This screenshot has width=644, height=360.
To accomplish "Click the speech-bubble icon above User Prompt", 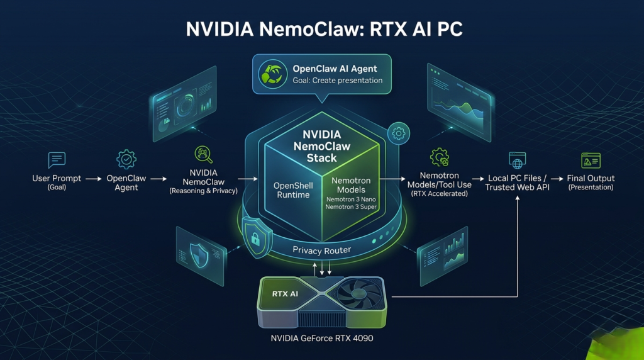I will coord(57,160).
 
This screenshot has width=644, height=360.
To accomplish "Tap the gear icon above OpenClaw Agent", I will coord(126,159).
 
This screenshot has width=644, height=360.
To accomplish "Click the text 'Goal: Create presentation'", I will coord(337,81).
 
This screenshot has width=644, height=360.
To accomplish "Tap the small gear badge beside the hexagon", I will coord(399,133).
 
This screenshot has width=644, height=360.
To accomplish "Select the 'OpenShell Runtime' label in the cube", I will coord(293,190).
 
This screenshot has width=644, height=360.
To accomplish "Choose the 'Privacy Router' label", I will coord(323,250).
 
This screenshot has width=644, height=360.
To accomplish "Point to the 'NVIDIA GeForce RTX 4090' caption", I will coord(321,338).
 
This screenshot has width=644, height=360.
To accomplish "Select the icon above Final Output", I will coord(591,160).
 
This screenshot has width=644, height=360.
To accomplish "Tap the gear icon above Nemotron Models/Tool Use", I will coord(440,157).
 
